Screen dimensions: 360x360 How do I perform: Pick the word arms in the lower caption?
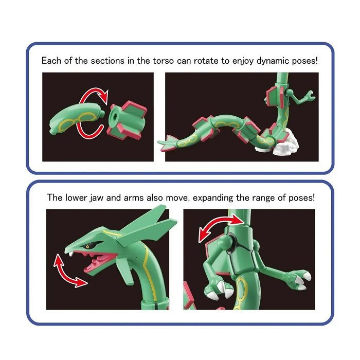136,197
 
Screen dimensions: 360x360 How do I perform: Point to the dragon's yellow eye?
88,246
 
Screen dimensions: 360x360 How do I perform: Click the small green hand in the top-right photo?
307,96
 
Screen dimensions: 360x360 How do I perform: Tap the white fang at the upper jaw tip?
68,252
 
